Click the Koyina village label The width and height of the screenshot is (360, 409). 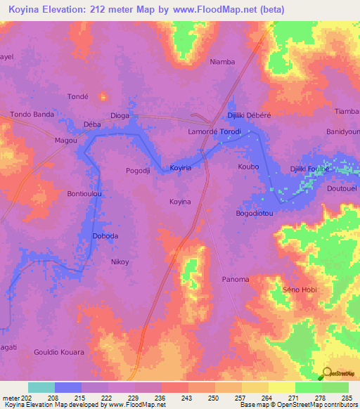click(180, 202)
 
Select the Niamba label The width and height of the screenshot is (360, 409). click(222, 62)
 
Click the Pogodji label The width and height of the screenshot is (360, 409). click(137, 171)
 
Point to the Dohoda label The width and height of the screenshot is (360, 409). click(105, 236)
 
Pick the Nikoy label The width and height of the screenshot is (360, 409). click(120, 262)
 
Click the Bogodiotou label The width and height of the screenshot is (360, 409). click(253, 212)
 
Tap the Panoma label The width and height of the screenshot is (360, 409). click(235, 279)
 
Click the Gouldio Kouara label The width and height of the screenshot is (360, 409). click(59, 352)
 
